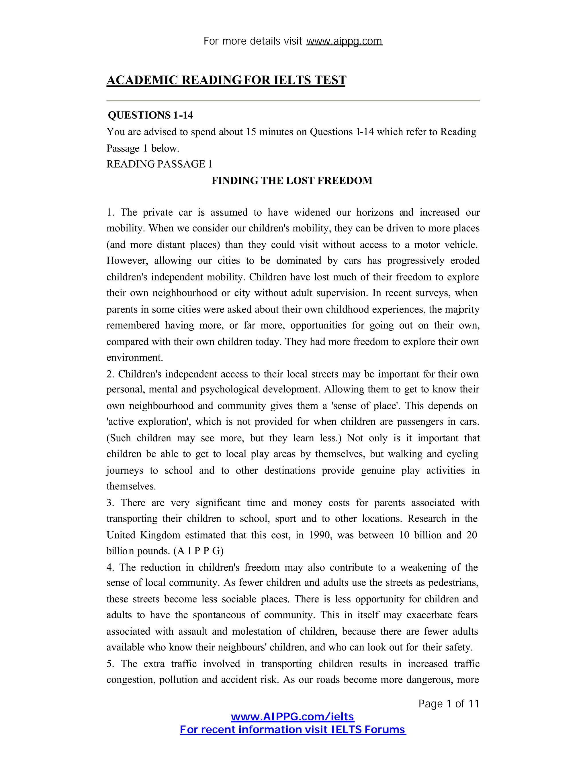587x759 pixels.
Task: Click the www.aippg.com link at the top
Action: (x=344, y=41)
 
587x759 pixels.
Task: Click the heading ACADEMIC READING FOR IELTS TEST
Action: (x=226, y=80)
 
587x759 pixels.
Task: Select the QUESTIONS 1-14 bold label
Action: (x=150, y=115)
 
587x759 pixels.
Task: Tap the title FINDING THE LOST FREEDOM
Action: (x=292, y=181)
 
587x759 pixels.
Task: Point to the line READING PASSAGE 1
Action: (x=159, y=164)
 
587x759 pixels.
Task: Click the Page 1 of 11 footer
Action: (x=449, y=704)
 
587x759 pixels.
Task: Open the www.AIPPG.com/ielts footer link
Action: (x=292, y=717)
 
